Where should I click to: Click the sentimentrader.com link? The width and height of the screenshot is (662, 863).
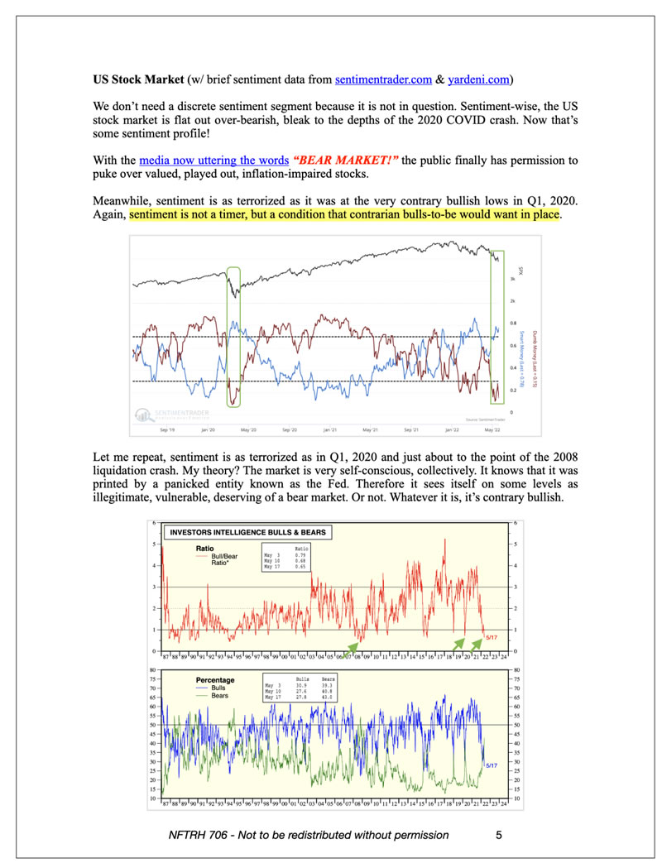click(x=384, y=80)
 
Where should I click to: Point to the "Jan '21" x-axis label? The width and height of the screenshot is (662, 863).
click(x=329, y=430)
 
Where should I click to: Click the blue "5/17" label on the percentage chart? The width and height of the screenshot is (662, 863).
click(x=492, y=766)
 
